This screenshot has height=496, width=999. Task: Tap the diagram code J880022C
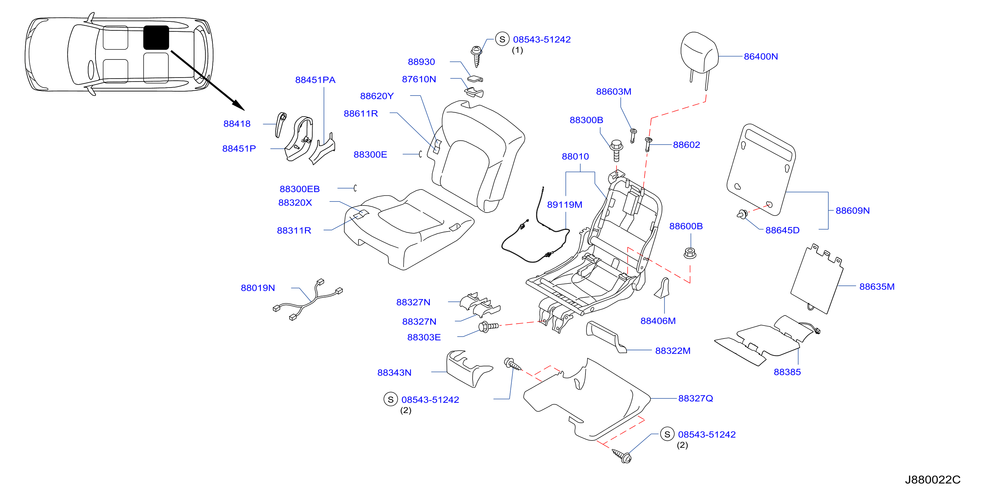[932, 480]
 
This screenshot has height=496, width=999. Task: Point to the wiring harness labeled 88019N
[308, 299]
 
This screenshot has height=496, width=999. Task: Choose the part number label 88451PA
[315, 80]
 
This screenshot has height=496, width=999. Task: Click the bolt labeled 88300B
[616, 150]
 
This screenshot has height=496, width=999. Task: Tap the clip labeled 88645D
[742, 214]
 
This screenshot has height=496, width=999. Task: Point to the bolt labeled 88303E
[488, 327]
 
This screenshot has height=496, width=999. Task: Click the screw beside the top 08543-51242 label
[476, 56]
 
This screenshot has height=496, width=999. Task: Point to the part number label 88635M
[877, 286]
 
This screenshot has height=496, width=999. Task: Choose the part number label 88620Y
[376, 96]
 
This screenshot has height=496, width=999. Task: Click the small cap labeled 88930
[475, 79]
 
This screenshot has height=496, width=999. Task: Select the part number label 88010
[575, 156]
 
